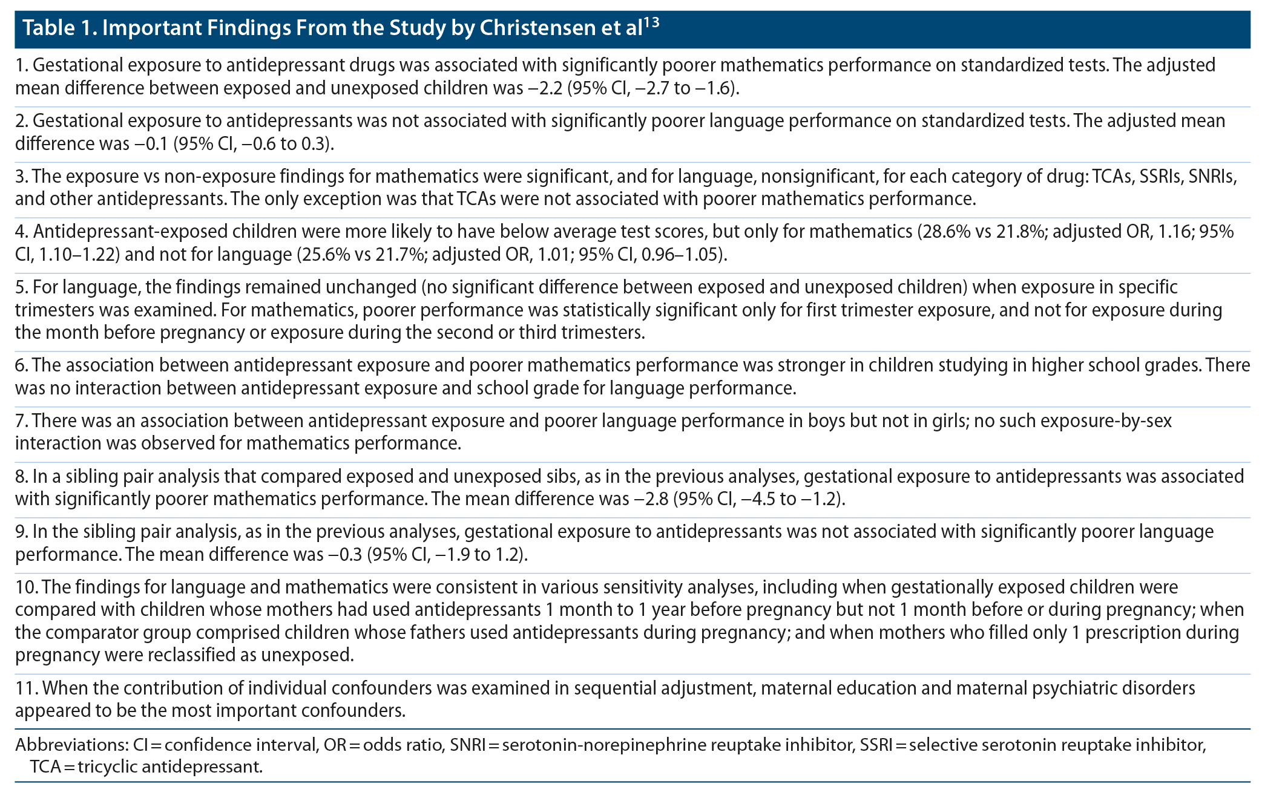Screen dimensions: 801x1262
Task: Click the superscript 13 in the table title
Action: click(651, 23)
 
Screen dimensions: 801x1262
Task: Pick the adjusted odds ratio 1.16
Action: click(1174, 232)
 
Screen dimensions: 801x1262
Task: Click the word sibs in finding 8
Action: click(560, 477)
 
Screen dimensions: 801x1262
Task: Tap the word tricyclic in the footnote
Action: click(107, 767)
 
